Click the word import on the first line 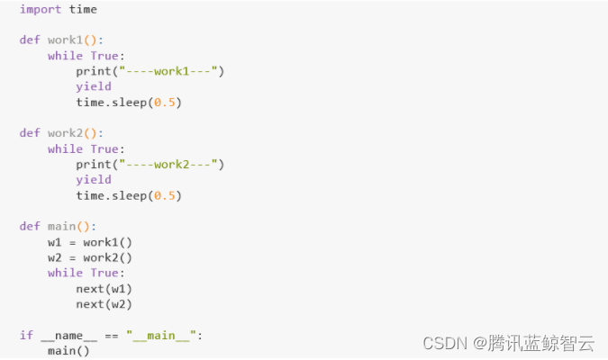click(41, 9)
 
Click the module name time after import click(83, 9)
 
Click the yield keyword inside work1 click(94, 86)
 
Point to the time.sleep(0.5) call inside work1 click(129, 102)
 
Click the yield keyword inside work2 click(94, 179)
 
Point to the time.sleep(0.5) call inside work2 click(129, 194)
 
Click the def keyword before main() click(30, 226)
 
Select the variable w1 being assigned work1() click(55, 242)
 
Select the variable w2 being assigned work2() click(55, 257)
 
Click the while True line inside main click(86, 273)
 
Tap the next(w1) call click(104, 288)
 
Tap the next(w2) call click(104, 304)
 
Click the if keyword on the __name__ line click(26, 335)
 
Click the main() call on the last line click(68, 350)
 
